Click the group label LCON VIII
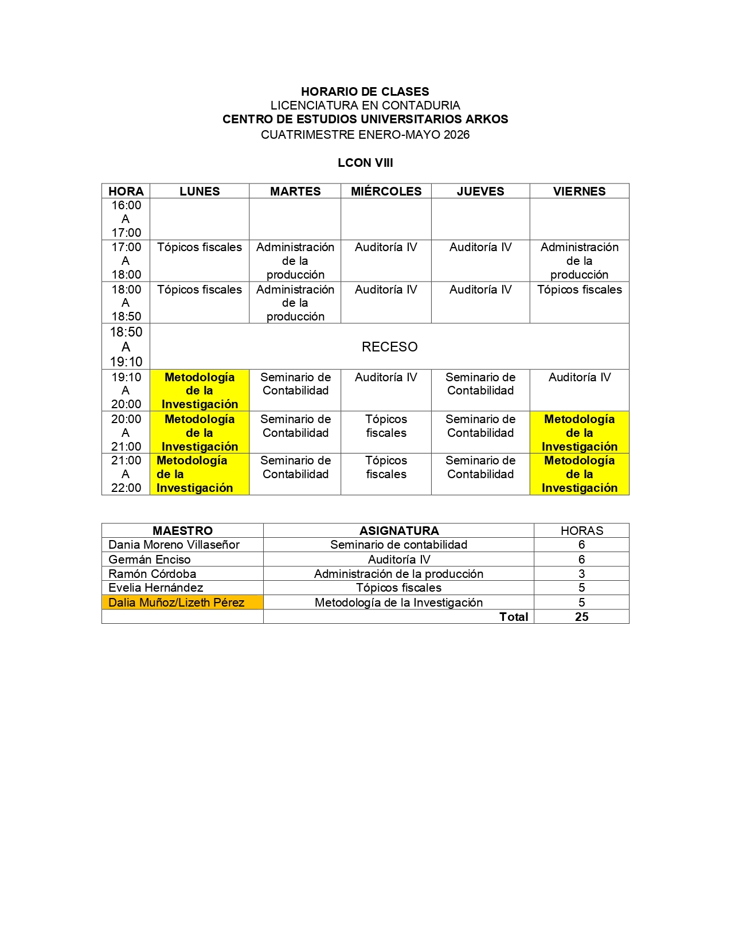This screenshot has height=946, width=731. [365, 163]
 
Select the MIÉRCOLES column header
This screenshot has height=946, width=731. [386, 191]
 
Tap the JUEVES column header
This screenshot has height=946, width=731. [480, 191]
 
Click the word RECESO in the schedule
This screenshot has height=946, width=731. [389, 347]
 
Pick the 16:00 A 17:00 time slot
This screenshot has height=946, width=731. [126, 219]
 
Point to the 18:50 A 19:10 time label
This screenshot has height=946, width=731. [126, 347]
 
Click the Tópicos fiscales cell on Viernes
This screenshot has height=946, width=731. [579, 290]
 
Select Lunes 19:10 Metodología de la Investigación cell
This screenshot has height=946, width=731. [200, 390]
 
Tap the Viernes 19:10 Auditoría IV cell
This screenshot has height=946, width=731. [579, 378]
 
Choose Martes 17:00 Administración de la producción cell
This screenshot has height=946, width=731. [295, 261]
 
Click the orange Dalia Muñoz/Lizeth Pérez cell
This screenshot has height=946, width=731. [177, 603]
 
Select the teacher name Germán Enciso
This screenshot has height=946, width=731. [150, 560]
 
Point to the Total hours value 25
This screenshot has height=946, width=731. [581, 617]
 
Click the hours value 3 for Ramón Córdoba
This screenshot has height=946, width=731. [581, 574]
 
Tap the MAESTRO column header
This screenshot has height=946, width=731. [182, 531]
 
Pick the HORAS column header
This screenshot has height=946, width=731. [581, 531]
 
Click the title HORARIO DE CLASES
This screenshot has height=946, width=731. [365, 92]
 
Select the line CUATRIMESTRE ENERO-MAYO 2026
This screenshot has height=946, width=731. [365, 135]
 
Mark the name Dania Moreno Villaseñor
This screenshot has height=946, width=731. [174, 545]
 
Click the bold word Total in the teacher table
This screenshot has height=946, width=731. [514, 617]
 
